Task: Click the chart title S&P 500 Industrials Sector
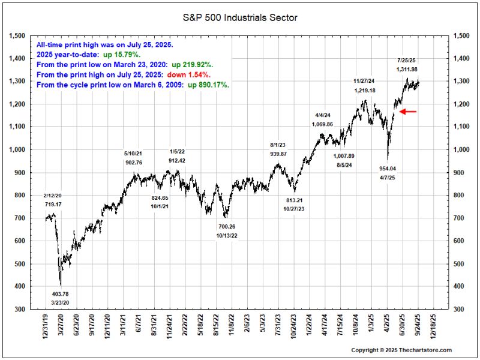tap(240, 18)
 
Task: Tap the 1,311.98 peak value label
tap(408, 70)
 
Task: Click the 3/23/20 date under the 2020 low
tap(59, 303)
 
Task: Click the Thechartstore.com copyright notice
tap(401, 350)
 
